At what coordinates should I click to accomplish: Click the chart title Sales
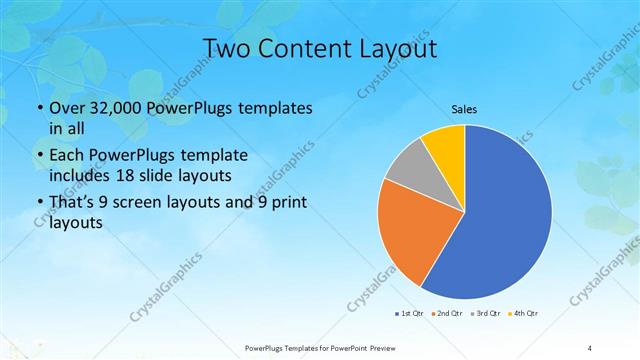[464, 109]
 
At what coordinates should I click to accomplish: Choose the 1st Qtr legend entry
[410, 314]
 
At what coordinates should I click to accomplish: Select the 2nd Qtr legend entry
[447, 314]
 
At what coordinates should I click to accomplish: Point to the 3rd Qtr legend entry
[485, 314]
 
